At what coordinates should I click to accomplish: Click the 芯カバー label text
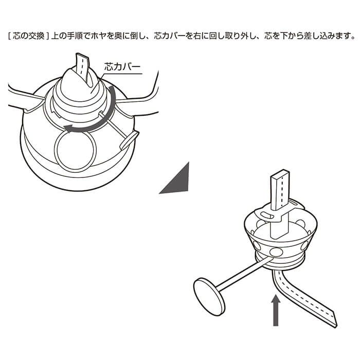point(122,67)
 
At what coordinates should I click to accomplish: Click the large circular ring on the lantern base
point(75,152)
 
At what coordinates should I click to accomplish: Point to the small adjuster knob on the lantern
point(129,140)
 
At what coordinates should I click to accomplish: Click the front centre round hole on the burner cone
point(277,252)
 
